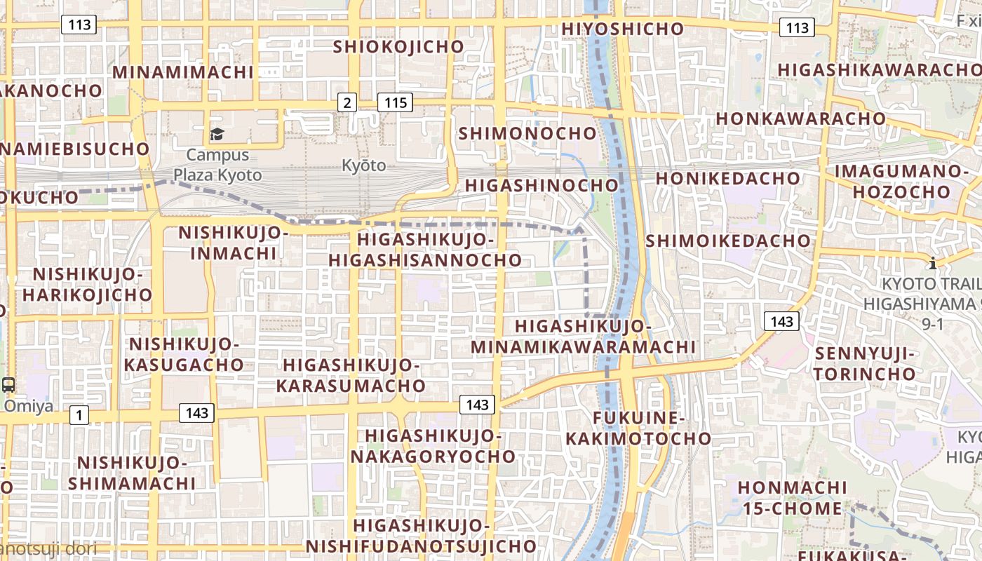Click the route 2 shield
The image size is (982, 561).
[347, 103]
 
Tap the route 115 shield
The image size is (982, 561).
[396, 103]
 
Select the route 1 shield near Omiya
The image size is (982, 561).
[79, 415]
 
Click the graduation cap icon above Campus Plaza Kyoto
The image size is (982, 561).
[217, 134]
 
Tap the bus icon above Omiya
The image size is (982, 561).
[8, 384]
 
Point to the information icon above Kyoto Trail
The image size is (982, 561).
[932, 264]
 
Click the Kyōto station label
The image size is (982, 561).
[363, 165]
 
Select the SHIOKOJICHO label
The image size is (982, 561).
[398, 47]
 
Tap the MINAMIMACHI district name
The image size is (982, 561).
[182, 72]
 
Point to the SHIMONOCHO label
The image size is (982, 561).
[527, 133]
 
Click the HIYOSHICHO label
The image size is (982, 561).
[623, 29]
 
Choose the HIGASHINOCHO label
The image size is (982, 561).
[542, 185]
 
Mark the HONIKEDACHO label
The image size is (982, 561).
[727, 178]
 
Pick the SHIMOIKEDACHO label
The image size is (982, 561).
[727, 241]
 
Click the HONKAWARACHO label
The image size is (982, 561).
[800, 119]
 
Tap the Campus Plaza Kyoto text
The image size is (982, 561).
[217, 165]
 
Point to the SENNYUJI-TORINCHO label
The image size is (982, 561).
[865, 363]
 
